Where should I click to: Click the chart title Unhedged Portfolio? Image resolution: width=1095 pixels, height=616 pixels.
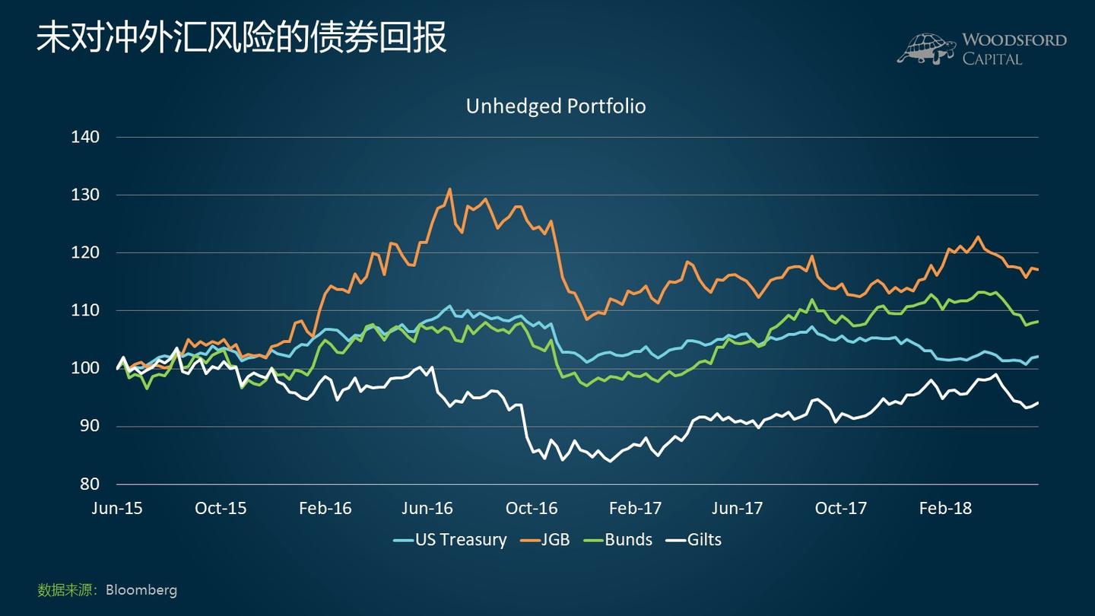click(x=556, y=106)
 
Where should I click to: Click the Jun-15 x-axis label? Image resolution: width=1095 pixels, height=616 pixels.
click(x=116, y=508)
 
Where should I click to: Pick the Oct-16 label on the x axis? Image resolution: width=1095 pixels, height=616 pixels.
click(x=532, y=508)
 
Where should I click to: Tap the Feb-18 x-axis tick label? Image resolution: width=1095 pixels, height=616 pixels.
click(x=945, y=508)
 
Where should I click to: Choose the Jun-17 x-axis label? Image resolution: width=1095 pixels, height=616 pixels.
click(x=738, y=508)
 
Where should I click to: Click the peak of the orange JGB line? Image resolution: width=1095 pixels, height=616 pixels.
click(x=449, y=189)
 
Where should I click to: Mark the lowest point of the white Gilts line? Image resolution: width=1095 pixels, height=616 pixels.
click(x=609, y=461)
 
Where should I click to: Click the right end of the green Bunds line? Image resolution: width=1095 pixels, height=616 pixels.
click(x=1037, y=322)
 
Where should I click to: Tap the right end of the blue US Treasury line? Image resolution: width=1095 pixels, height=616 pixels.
click(x=1037, y=356)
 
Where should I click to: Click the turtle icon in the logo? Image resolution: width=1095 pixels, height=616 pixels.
click(x=926, y=49)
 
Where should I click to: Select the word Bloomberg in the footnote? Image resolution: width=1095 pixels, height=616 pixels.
click(x=141, y=589)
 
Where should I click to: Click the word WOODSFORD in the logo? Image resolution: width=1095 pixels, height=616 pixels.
click(x=1014, y=40)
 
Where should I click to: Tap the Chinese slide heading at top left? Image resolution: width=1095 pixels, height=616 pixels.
click(x=242, y=38)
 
